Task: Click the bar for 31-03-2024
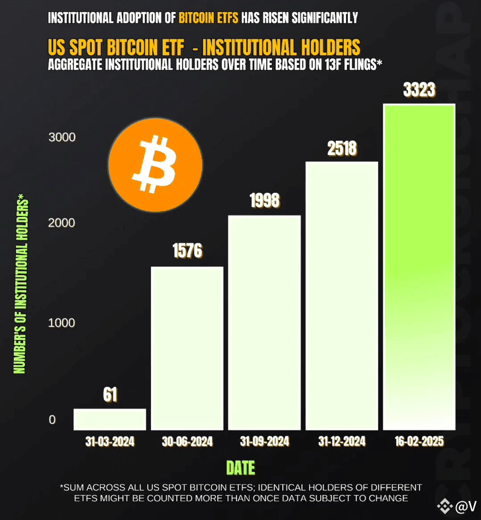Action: [110, 419]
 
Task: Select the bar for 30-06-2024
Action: [187, 348]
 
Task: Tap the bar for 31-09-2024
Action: [264, 323]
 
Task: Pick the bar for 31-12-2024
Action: [342, 296]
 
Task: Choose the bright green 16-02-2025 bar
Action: [418, 267]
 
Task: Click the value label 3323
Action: [418, 91]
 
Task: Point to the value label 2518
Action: [342, 149]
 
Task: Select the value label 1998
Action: [264, 201]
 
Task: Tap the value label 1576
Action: [187, 251]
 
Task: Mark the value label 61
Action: [110, 395]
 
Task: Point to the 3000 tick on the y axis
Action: [62, 138]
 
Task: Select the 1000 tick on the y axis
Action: [62, 323]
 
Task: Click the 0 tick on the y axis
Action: [52, 420]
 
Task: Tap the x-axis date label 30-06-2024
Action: [187, 442]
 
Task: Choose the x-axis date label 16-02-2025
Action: [418, 442]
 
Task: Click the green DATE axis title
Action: [240, 468]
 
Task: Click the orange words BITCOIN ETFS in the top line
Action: [209, 17]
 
